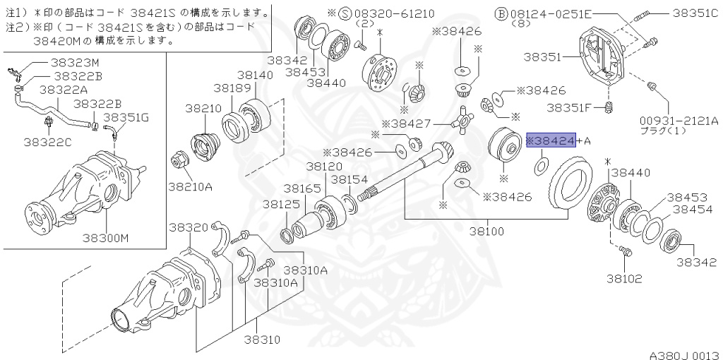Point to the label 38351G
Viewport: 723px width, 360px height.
tap(126, 117)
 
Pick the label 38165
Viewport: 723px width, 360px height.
tap(301, 188)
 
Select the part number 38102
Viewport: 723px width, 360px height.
tap(623, 278)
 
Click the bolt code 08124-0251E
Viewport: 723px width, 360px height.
tap(563, 13)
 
